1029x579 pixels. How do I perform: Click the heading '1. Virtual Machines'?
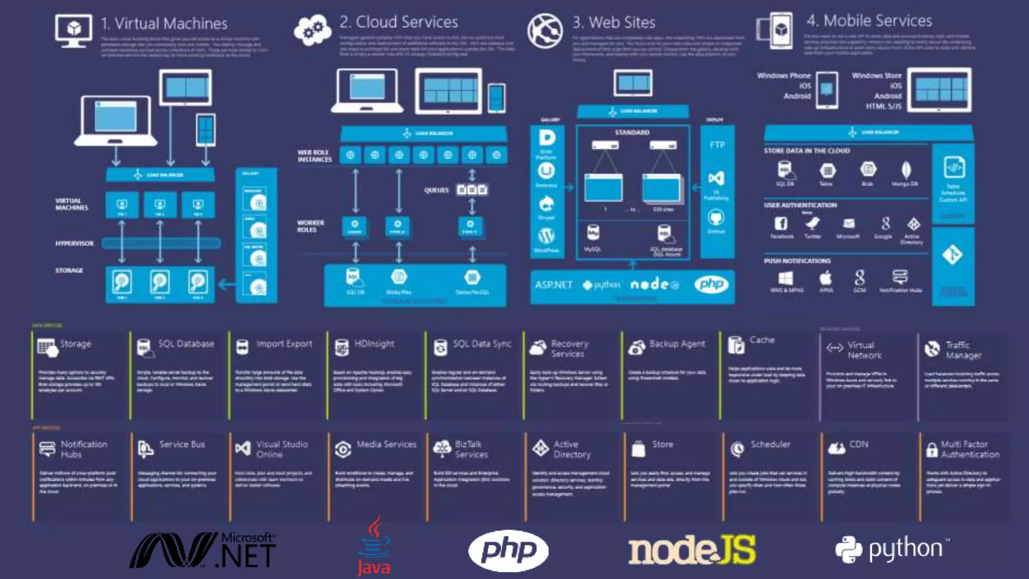pos(164,24)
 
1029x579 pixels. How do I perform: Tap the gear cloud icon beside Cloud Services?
pos(313,30)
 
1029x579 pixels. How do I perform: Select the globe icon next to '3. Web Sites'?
pos(545,30)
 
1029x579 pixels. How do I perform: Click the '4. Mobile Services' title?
pos(869,21)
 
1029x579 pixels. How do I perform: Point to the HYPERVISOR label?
pos(74,243)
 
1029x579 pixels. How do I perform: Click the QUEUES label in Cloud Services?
pos(436,190)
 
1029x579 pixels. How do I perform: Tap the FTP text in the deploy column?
pos(717,145)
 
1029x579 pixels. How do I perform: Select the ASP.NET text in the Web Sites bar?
pos(553,285)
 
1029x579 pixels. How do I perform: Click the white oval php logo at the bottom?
pos(508,550)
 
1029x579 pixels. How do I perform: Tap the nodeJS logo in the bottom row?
pos(691,550)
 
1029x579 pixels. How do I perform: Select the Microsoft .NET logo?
pos(202,550)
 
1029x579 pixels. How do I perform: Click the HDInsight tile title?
pos(374,344)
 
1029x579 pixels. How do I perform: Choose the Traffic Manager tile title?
pos(963,350)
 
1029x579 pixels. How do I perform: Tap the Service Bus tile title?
pos(182,444)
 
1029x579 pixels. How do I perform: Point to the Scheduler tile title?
pos(770,444)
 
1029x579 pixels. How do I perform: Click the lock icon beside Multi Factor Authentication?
pos(932,449)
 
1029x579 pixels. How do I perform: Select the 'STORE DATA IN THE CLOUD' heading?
pos(807,151)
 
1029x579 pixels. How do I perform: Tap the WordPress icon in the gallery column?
pos(546,236)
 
